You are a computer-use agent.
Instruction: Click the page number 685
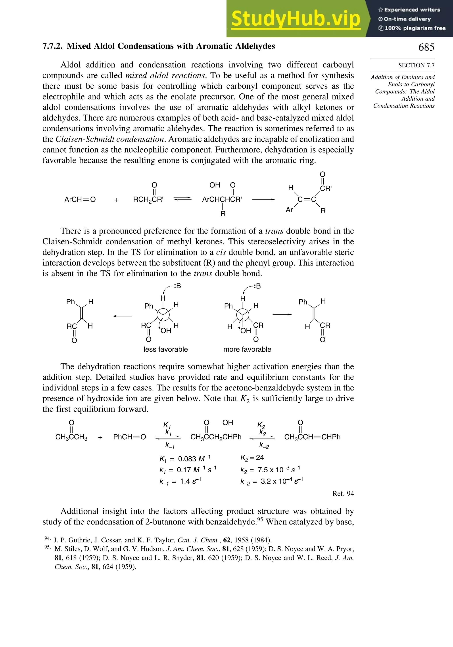coord(426,47)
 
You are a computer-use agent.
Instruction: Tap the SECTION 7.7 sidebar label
coord(416,65)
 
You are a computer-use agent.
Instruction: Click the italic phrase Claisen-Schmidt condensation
coord(110,139)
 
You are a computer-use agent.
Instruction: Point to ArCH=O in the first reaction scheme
coord(80,200)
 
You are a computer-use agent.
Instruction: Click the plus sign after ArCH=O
coord(116,200)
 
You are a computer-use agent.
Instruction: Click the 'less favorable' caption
coord(165,349)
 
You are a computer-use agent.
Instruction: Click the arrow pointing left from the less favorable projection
coord(122,316)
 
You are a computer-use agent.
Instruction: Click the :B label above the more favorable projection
coord(257,286)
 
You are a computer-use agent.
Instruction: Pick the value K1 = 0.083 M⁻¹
coord(185,459)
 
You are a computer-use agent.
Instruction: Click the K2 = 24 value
coord(252,458)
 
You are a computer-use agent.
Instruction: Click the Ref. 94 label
coord(343,493)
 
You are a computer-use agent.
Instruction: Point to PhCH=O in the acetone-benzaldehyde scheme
coord(129,437)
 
